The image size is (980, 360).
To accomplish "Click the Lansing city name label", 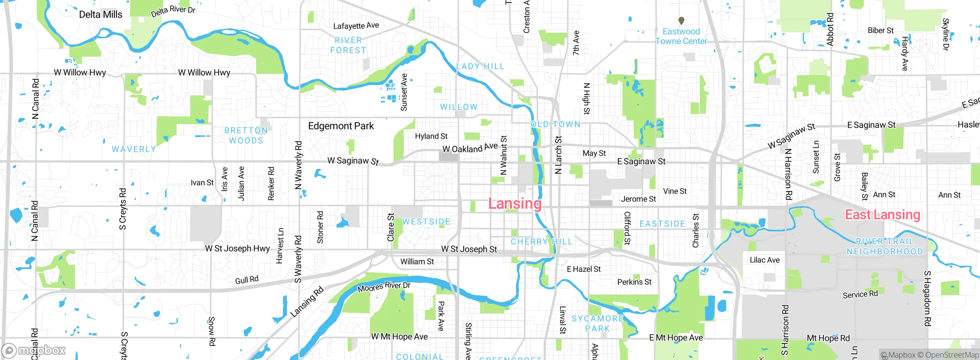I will tap(515, 203).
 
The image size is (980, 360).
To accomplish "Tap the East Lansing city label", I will tap(882, 214).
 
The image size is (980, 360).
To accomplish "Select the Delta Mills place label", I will tap(101, 15).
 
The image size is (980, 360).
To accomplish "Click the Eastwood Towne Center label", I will tap(681, 36).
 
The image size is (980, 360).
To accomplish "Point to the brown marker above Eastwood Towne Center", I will tap(681, 20).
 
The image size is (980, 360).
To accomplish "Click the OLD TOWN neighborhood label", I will tap(555, 124).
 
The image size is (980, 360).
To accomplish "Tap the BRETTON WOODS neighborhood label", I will tap(246, 136).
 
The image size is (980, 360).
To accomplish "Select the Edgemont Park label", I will tap(341, 126).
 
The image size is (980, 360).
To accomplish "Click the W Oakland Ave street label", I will tap(470, 148).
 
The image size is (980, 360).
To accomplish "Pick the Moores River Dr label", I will tap(384, 286).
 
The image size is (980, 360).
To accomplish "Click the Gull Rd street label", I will tap(247, 280).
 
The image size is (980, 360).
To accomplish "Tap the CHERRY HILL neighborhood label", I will tap(541, 242).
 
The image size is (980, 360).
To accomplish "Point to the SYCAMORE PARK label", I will tap(597, 324).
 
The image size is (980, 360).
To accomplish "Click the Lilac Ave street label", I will tap(764, 260).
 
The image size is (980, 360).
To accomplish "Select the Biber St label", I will tap(880, 30).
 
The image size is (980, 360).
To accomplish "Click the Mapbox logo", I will tap(34, 350).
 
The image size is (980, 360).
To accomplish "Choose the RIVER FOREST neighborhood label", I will tap(348, 45).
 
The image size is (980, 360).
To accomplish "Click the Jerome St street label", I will tap(638, 199).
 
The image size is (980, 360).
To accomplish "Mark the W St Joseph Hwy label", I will tap(237, 249).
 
